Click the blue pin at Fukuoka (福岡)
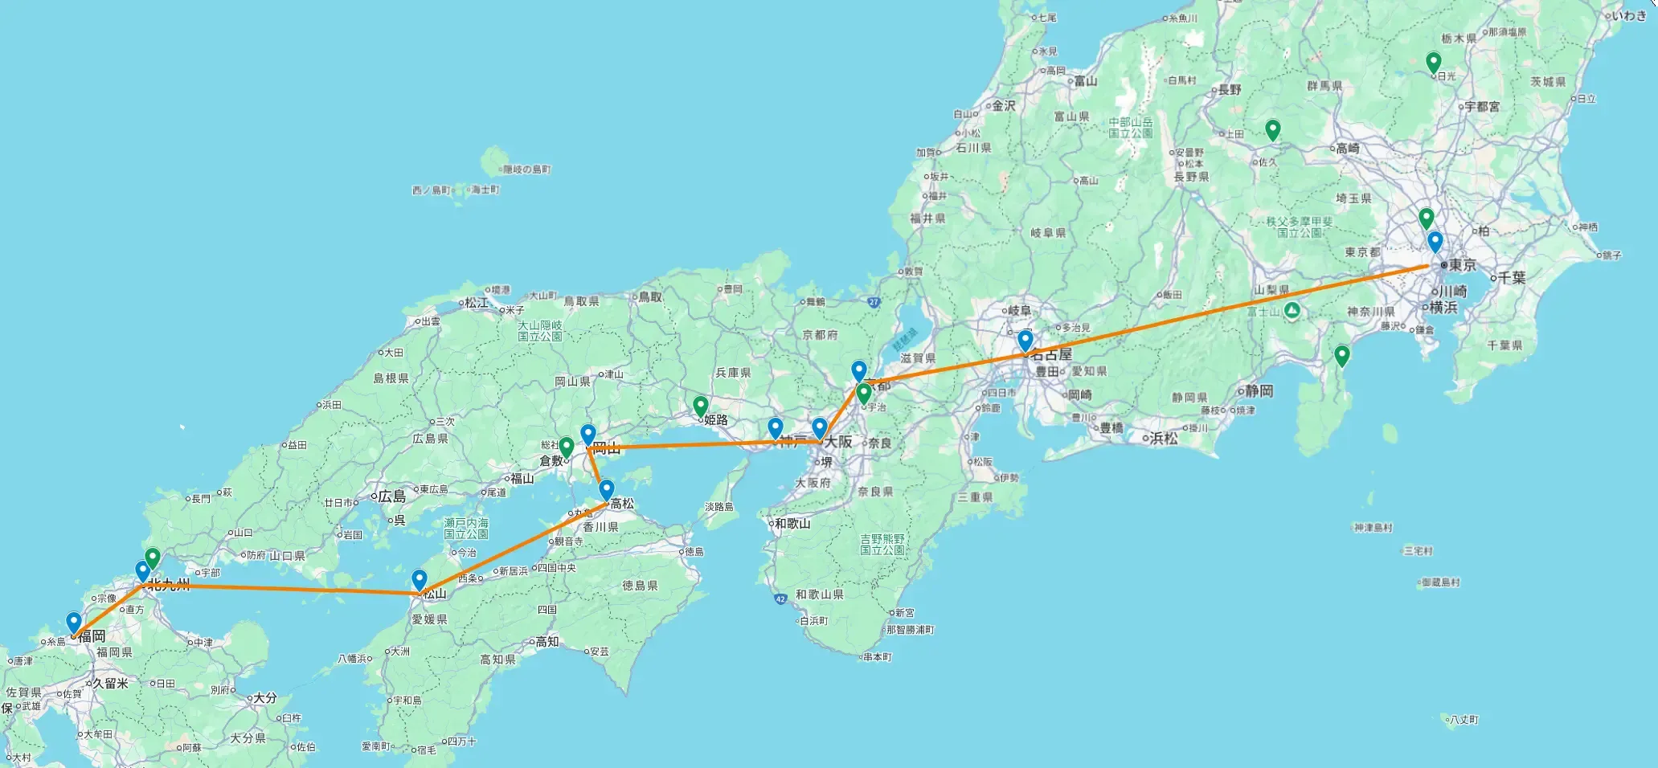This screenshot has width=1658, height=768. (x=74, y=623)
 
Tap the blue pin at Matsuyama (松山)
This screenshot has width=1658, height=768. (x=419, y=579)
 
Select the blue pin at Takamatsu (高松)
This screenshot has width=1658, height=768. (x=607, y=489)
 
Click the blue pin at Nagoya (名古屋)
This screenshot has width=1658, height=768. (x=1025, y=340)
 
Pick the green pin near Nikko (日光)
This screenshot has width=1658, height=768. (x=1433, y=62)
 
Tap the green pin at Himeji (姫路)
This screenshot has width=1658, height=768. (x=701, y=406)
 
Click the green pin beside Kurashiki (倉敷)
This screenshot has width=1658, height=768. (x=566, y=447)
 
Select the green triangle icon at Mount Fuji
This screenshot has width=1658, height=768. (x=1292, y=310)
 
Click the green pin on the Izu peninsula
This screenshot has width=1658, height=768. (x=1341, y=354)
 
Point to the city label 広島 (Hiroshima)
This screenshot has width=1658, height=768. (x=392, y=496)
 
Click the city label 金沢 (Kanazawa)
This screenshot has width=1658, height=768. (x=1003, y=105)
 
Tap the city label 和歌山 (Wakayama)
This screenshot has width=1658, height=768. (x=792, y=523)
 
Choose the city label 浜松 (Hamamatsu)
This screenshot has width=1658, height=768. (x=1163, y=438)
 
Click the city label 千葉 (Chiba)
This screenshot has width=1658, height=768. (x=1512, y=277)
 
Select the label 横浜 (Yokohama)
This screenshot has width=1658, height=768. (x=1443, y=307)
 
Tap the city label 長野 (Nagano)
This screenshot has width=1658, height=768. (x=1230, y=89)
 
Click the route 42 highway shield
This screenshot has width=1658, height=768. (x=780, y=598)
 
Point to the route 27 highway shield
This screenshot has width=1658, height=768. (x=874, y=302)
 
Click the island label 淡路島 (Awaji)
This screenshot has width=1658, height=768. (x=718, y=507)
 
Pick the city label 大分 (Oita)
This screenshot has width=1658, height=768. (x=264, y=698)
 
